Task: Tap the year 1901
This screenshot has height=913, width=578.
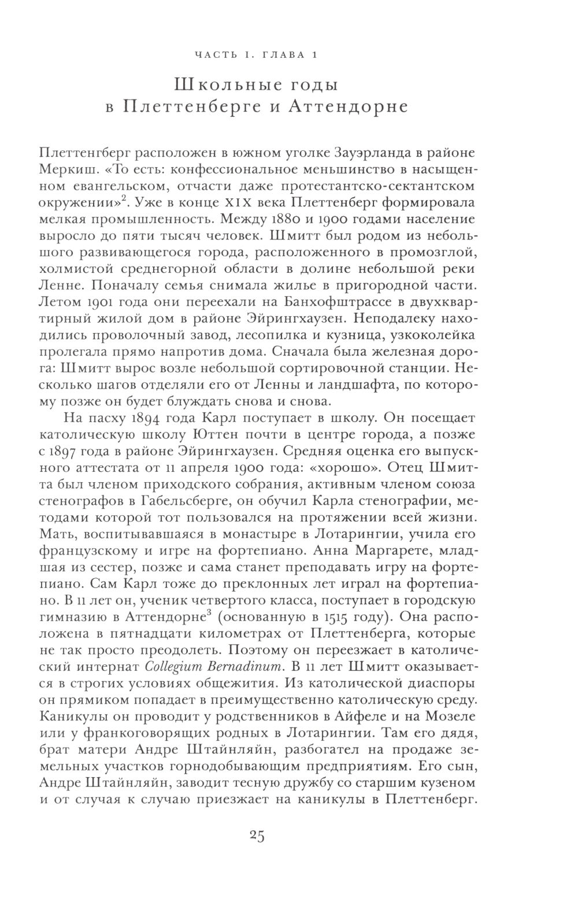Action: (x=94, y=302)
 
